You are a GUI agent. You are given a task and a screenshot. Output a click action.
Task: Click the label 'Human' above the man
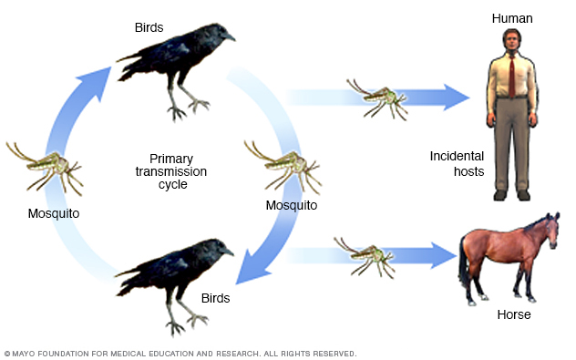click(x=511, y=18)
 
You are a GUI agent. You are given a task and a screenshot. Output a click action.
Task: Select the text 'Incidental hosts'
click(x=457, y=163)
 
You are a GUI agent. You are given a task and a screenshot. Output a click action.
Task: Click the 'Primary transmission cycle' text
click(x=172, y=170)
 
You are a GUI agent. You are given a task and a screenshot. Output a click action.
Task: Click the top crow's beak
click(x=229, y=37)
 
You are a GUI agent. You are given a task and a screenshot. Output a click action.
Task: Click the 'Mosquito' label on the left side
click(x=53, y=213)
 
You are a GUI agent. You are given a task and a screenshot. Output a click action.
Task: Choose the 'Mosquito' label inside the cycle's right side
click(x=291, y=205)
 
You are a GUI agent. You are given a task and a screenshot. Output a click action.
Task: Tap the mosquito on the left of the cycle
click(x=45, y=165)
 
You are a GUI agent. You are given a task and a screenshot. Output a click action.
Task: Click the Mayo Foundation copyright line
click(x=180, y=353)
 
